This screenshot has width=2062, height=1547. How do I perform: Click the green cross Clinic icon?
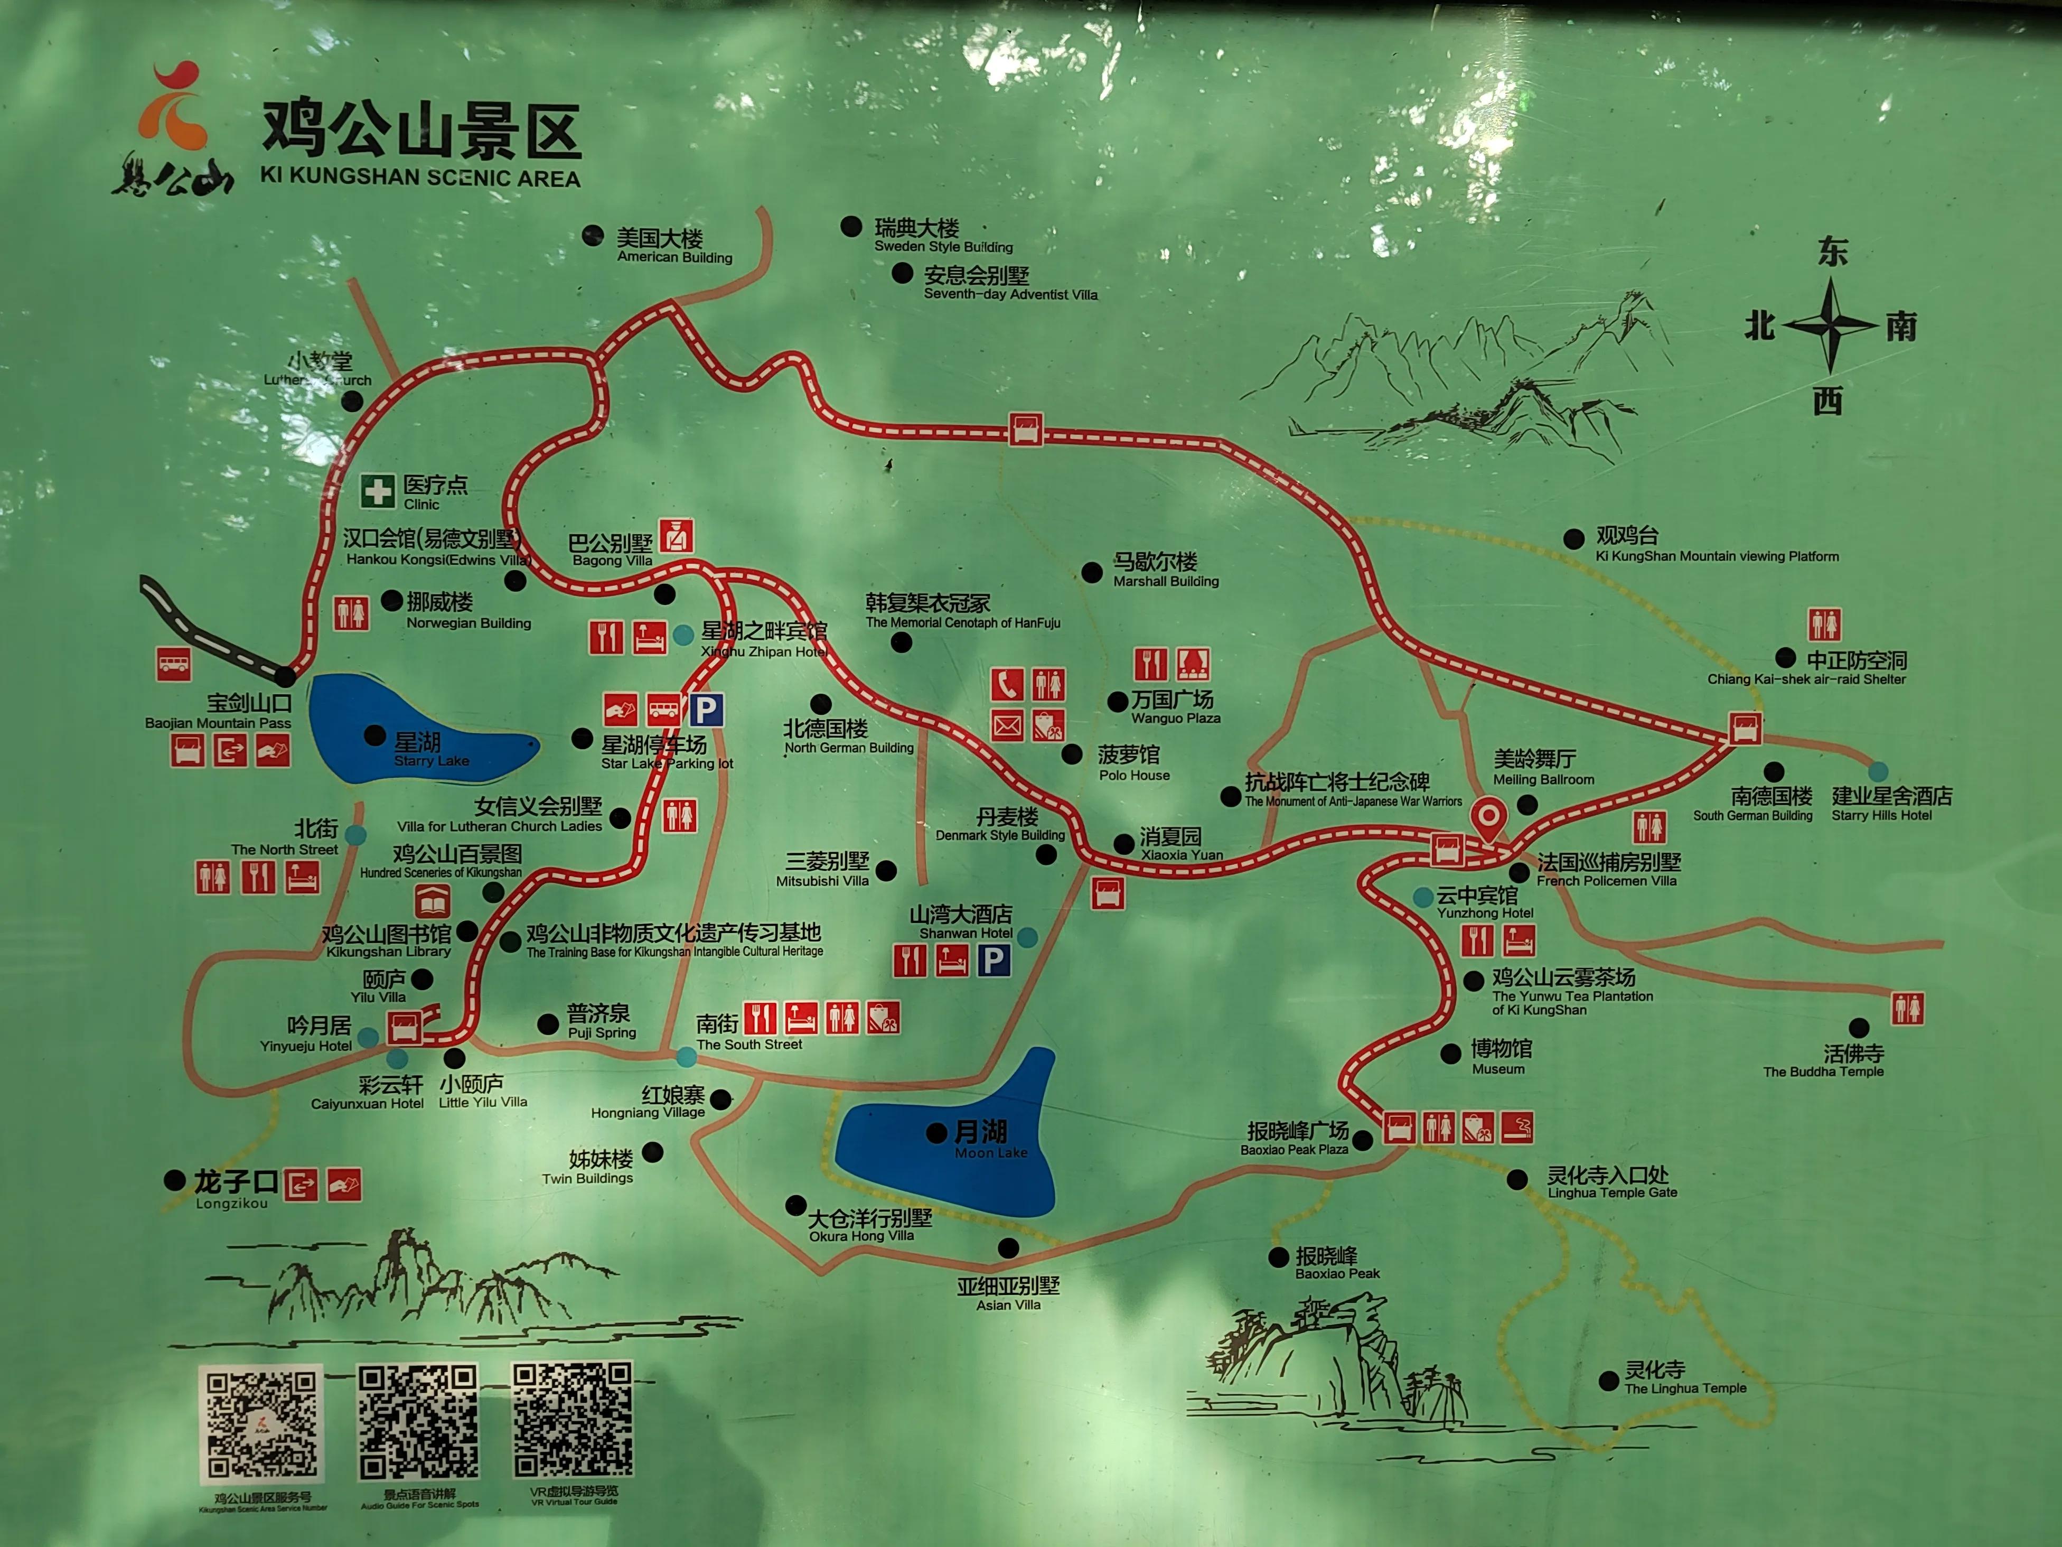point(378,491)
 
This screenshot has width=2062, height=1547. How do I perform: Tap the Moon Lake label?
point(990,1140)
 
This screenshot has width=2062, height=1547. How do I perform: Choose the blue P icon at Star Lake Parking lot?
point(707,711)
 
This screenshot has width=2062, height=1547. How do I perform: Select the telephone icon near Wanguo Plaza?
point(1007,684)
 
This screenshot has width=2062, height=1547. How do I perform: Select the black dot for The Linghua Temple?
point(1608,1381)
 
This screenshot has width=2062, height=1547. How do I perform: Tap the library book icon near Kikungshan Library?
point(432,902)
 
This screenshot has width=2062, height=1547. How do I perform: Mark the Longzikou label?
point(234,1190)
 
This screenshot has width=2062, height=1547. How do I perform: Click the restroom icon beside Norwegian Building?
point(351,613)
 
